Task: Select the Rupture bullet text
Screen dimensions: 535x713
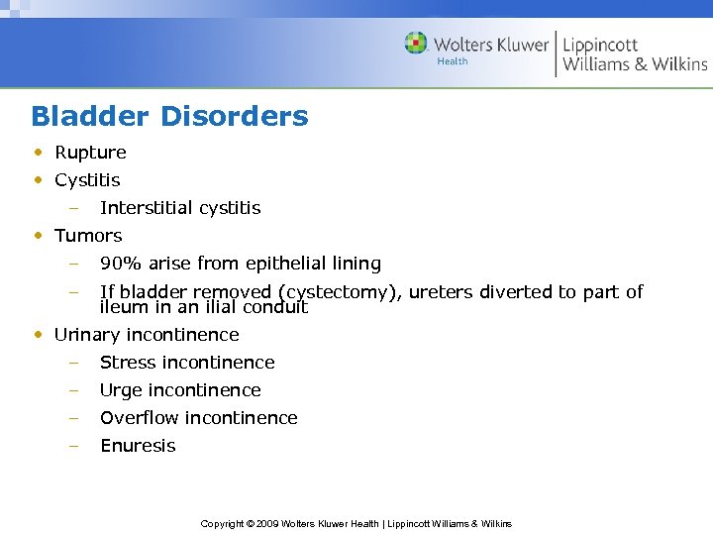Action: click(90, 153)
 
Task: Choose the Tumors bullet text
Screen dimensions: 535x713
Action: click(88, 236)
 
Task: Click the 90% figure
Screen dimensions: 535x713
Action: click(121, 264)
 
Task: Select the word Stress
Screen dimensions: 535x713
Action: click(126, 363)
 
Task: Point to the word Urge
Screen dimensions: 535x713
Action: click(120, 390)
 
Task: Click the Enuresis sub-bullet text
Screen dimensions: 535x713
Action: click(138, 446)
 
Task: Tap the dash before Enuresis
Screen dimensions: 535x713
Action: click(72, 446)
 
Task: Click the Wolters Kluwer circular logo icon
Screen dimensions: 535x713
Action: click(416, 44)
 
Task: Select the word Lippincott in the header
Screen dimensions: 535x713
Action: click(600, 45)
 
